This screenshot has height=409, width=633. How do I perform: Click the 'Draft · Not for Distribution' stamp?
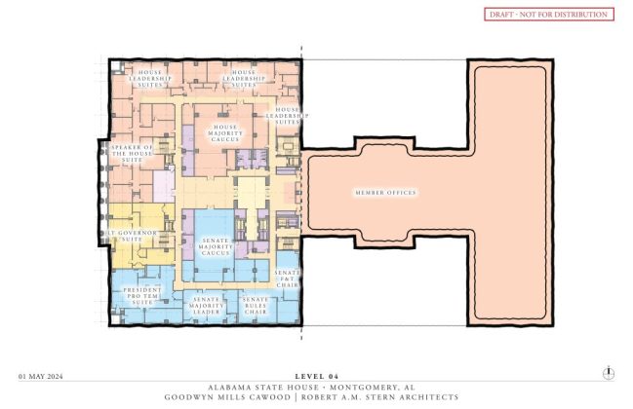pyautogui.click(x=548, y=15)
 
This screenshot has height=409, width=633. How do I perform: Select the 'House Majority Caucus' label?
pyautogui.click(x=225, y=133)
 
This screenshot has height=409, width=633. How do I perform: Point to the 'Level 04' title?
pyautogui.click(x=315, y=375)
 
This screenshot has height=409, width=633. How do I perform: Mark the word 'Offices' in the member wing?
pyautogui.click(x=402, y=193)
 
